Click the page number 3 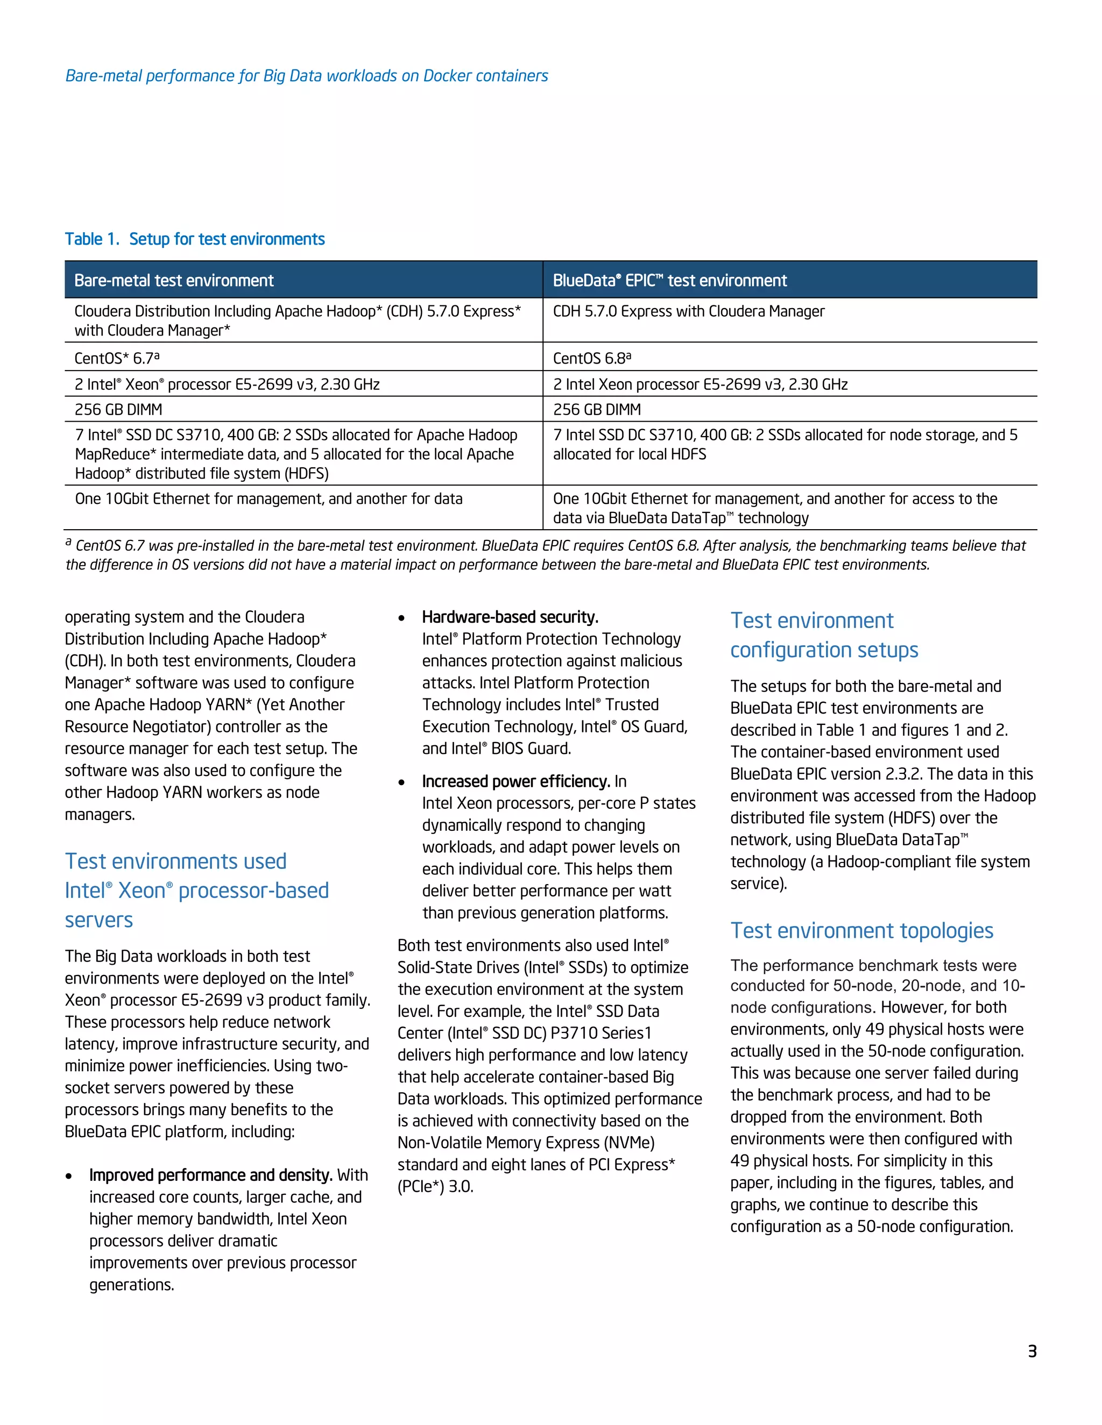(x=1032, y=1351)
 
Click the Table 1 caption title (x=195, y=239)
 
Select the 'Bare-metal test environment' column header (x=174, y=281)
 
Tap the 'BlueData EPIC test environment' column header (x=669, y=281)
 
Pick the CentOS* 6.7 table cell (x=117, y=358)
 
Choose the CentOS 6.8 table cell (x=591, y=358)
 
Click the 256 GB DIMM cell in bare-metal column (x=118, y=410)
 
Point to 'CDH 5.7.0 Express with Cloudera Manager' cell (x=688, y=311)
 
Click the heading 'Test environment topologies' (x=861, y=930)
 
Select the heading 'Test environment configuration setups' (x=824, y=635)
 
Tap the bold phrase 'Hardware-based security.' (x=510, y=617)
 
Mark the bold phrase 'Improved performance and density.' (x=211, y=1175)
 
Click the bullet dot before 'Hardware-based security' (x=401, y=618)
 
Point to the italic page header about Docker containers (x=306, y=76)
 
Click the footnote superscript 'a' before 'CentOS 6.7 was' (x=68, y=542)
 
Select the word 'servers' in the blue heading (x=98, y=920)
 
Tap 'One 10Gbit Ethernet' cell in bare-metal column (x=269, y=499)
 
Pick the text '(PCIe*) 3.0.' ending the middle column (x=435, y=1187)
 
